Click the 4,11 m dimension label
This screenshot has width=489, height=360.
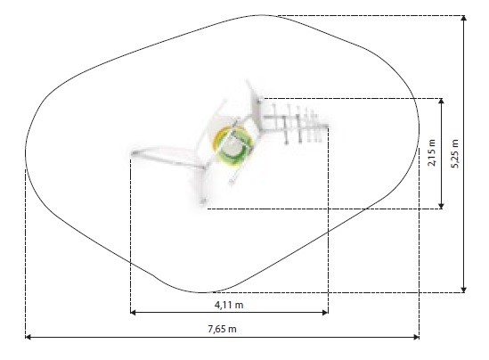[229, 305]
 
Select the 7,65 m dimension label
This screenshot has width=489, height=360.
[222, 329]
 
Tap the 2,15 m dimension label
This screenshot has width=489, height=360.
[432, 152]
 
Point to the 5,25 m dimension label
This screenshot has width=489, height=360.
[455, 153]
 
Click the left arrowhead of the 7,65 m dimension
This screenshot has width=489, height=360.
[29, 337]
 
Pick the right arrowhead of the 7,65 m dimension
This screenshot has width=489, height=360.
[416, 337]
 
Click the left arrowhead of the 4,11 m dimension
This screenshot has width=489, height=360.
[134, 312]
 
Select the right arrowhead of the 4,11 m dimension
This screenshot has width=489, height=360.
[325, 312]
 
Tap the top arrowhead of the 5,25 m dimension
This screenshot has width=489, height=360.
[464, 19]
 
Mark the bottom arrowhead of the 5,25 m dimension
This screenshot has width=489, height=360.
[464, 290]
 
